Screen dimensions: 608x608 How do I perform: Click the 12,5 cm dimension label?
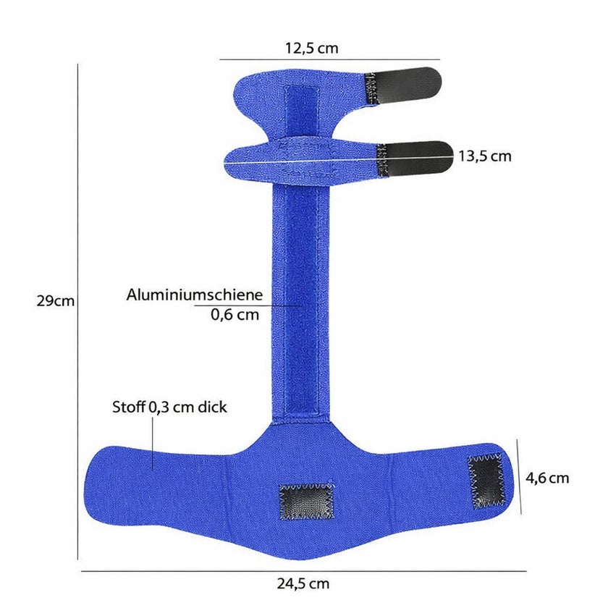pyautogui.click(x=312, y=48)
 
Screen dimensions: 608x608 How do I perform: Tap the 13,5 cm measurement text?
pyautogui.click(x=485, y=156)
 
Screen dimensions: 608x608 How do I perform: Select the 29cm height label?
pyautogui.click(x=56, y=301)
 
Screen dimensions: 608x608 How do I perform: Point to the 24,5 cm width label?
pyautogui.click(x=303, y=583)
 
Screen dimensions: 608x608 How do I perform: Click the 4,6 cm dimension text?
pyautogui.click(x=547, y=478)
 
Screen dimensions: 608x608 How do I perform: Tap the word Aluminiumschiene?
pyautogui.click(x=194, y=295)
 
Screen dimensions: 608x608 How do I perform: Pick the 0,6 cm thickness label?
pyautogui.click(x=235, y=314)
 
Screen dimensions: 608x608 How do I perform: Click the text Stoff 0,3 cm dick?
pyautogui.click(x=169, y=407)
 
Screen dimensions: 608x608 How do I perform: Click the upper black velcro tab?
pyautogui.click(x=403, y=86)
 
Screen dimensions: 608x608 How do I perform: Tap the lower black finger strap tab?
pyautogui.click(x=415, y=159)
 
